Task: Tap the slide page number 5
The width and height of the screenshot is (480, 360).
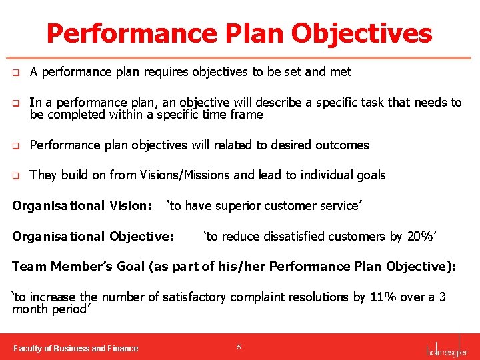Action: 239,347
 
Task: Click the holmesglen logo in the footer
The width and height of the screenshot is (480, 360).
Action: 447,348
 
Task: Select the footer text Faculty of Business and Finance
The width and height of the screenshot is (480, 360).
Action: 76,348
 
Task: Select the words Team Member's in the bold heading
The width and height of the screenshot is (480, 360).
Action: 55,267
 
